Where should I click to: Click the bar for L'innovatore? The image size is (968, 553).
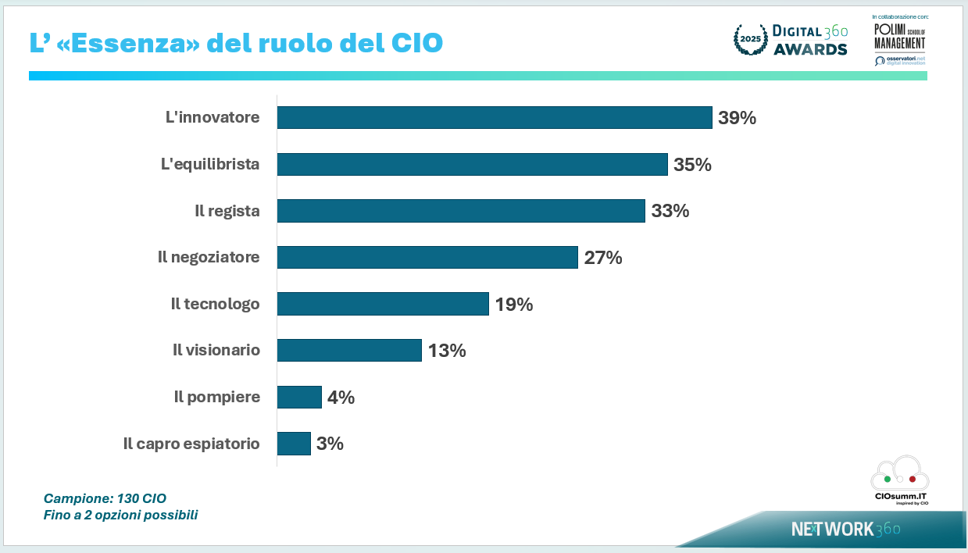[495, 118]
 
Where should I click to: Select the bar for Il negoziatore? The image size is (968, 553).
[427, 257]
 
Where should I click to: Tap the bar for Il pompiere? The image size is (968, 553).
[299, 397]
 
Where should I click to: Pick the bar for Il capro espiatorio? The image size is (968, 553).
[294, 444]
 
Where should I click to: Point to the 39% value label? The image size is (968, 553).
[738, 118]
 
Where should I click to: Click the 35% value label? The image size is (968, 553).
[692, 165]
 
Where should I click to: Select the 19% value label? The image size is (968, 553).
[514, 304]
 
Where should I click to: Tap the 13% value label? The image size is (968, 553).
[447, 351]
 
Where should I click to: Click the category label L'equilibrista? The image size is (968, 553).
[209, 165]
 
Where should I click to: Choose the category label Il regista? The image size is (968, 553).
[227, 211]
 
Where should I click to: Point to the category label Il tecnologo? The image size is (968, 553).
[215, 304]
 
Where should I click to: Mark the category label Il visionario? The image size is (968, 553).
[216, 351]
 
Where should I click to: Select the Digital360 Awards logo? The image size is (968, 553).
[791, 40]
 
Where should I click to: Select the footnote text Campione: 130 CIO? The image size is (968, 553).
[105, 498]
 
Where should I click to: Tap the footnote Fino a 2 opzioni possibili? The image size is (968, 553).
[120, 516]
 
